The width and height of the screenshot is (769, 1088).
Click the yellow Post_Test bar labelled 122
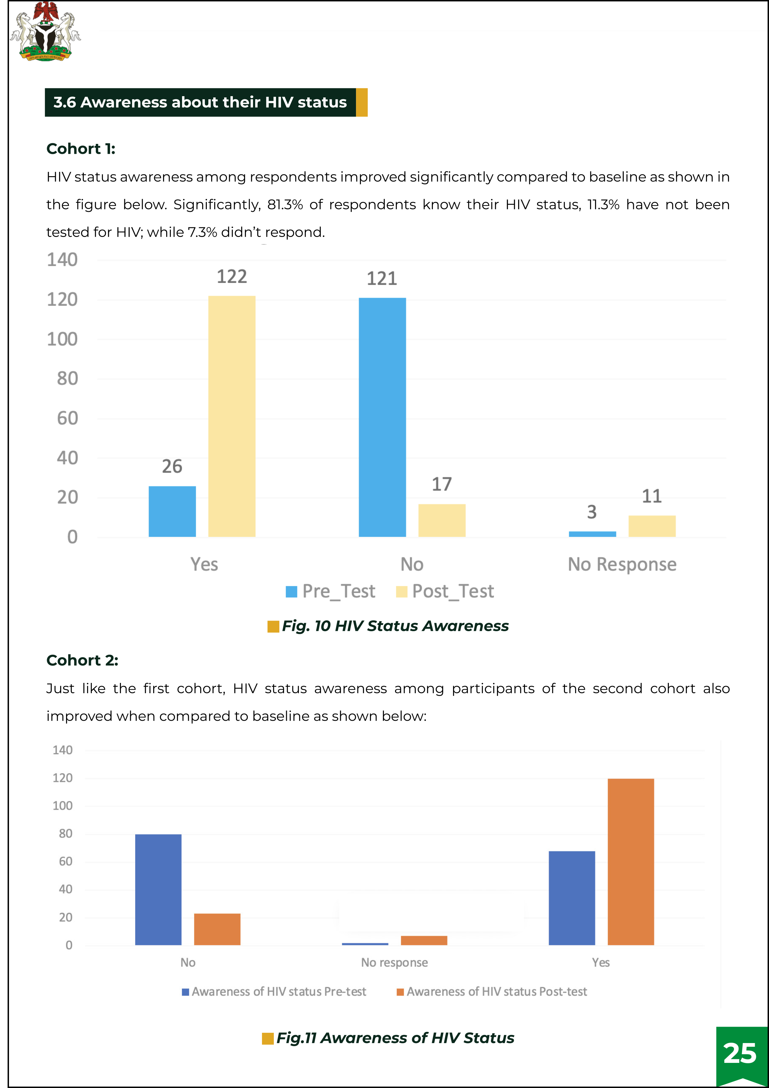coord(232,416)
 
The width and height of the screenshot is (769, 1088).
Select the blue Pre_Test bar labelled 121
coord(382,417)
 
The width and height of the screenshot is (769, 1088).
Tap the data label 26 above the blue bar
coord(172,466)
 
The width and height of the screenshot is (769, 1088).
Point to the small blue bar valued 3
coord(592,534)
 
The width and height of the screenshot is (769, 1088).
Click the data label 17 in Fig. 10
coord(442,484)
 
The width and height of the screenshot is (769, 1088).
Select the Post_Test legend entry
coord(445,591)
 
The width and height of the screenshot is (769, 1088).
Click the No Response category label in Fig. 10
coord(622,564)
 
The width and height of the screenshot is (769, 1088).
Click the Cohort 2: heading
coord(82,660)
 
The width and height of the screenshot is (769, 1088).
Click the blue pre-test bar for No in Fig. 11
coord(158,890)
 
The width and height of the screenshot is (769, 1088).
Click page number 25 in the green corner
coord(740,1053)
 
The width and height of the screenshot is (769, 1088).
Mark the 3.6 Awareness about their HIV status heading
coord(200,102)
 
